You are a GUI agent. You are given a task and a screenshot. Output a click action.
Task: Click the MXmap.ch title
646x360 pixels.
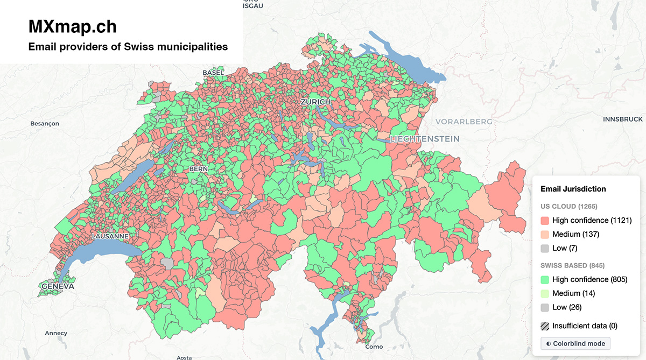[x=72, y=26]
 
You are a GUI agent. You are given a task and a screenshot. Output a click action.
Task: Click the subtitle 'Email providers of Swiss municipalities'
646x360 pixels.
[x=128, y=47]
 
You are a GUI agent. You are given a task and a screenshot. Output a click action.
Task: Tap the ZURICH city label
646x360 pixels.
[x=316, y=102]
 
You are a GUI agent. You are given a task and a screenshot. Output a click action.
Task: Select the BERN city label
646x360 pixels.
[x=198, y=169]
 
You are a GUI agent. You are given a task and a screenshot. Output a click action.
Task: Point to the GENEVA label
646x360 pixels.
[x=58, y=286]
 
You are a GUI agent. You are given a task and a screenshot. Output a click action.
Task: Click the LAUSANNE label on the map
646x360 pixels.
[x=110, y=236]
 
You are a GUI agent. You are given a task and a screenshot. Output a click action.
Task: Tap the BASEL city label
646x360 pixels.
[x=213, y=73]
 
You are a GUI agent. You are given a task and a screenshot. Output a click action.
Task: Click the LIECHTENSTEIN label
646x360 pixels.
[x=425, y=139]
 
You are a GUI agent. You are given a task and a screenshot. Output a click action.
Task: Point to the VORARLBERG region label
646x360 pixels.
[x=464, y=122]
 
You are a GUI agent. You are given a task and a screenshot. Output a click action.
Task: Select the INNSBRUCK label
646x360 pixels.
[x=623, y=119]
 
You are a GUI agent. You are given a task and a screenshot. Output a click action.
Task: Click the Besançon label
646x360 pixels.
[x=45, y=124]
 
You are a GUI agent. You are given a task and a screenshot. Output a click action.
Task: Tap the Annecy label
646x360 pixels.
[x=56, y=333]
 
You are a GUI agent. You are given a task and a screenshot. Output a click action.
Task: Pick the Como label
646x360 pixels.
[x=374, y=347]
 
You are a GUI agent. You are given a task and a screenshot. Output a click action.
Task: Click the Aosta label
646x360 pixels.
[x=184, y=357]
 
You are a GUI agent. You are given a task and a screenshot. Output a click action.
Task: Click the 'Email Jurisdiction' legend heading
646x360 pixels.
[x=573, y=189]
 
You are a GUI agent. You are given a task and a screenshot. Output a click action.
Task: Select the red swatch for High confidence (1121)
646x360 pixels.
[x=545, y=221]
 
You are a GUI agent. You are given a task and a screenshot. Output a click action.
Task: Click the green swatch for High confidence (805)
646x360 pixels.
[x=545, y=280]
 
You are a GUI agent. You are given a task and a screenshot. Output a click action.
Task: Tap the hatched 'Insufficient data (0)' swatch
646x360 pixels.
[x=545, y=326]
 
